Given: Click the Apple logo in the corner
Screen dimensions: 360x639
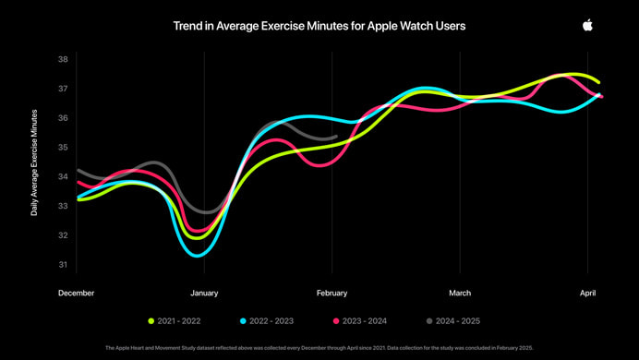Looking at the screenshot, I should [x=587, y=25].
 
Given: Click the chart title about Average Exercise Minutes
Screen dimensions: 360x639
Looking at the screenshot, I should [x=319, y=26].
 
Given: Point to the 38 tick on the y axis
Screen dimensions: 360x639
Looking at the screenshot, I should [x=63, y=59].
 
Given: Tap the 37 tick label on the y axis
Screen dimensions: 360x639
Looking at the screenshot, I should [x=63, y=89].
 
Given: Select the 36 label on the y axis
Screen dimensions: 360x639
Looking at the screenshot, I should [x=63, y=118].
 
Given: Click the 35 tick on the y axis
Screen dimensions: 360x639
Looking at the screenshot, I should [x=63, y=147].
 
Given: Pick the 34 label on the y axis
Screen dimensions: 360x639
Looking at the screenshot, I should [x=63, y=176].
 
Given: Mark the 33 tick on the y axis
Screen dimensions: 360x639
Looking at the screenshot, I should [x=63, y=206].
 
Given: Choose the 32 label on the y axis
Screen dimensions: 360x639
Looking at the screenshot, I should [x=63, y=235].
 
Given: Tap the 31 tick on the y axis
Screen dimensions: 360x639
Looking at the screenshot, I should [x=63, y=265].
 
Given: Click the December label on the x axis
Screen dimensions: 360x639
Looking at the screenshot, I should [x=76, y=293].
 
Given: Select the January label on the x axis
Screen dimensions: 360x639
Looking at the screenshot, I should [x=204, y=293].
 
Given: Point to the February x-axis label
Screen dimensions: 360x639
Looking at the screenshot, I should [x=332, y=293].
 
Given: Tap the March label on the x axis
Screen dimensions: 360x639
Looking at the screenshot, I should [x=460, y=293].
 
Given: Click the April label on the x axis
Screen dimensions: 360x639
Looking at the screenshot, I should [x=587, y=293].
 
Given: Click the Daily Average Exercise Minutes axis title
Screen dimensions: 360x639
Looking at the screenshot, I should [x=34, y=162].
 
